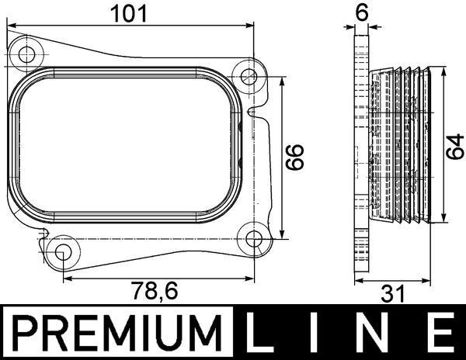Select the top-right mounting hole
(249, 76)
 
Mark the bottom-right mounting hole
(254, 237)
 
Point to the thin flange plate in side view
(360, 155)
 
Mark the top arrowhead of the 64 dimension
(441, 71)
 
